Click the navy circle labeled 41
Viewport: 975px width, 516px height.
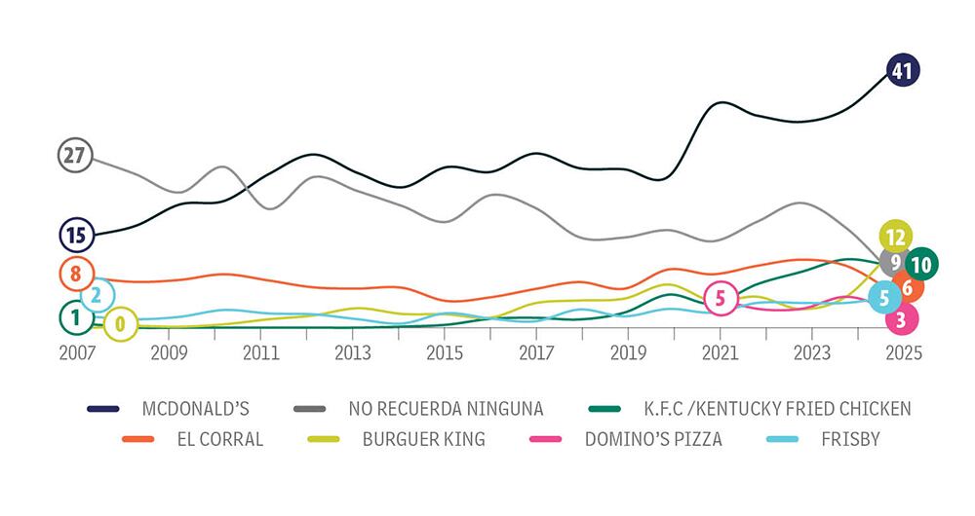[903, 70]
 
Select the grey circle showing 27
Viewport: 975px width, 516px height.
[74, 155]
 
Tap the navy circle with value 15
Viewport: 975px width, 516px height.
[75, 235]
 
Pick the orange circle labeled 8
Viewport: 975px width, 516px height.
[75, 274]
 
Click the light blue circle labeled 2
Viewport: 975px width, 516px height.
[97, 296]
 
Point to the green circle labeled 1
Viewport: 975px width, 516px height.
[75, 316]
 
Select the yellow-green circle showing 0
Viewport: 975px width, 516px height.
[120, 324]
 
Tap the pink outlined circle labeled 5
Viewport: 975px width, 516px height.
[721, 298]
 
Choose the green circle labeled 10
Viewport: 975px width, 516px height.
[920, 263]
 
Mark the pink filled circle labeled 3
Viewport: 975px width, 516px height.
[902, 317]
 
